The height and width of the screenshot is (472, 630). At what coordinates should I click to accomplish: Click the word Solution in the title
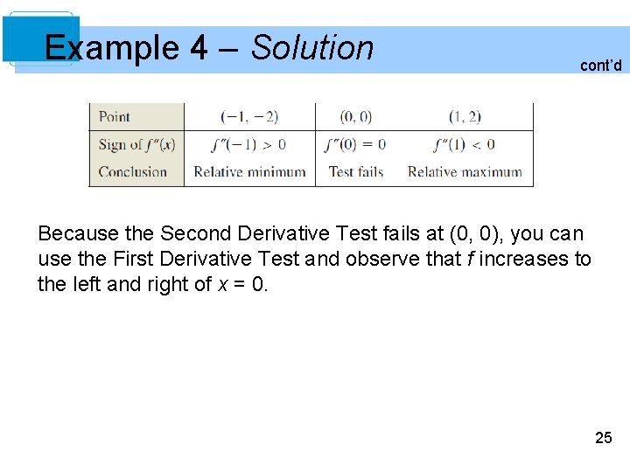pyautogui.click(x=311, y=47)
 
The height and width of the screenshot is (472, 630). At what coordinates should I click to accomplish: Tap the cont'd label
pyautogui.click(x=601, y=65)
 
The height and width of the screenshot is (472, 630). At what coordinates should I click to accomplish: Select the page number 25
pyautogui.click(x=603, y=438)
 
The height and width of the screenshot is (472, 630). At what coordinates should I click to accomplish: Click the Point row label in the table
pyautogui.click(x=115, y=116)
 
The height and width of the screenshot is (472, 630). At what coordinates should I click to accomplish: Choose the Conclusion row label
pyautogui.click(x=133, y=172)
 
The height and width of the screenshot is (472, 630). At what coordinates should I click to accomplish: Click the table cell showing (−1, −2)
pyautogui.click(x=249, y=116)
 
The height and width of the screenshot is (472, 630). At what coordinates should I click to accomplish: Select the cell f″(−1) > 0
pyautogui.click(x=249, y=144)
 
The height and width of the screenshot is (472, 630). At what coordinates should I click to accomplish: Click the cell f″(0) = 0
pyautogui.click(x=355, y=144)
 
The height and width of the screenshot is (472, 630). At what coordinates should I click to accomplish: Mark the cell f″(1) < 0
pyautogui.click(x=464, y=144)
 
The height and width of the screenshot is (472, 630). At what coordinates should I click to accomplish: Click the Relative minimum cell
pyautogui.click(x=249, y=172)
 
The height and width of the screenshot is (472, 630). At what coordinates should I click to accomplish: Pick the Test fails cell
pyautogui.click(x=356, y=172)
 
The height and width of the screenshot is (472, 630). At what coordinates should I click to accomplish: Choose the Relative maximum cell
pyautogui.click(x=465, y=172)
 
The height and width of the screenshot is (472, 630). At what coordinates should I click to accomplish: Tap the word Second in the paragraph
pyautogui.click(x=193, y=234)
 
